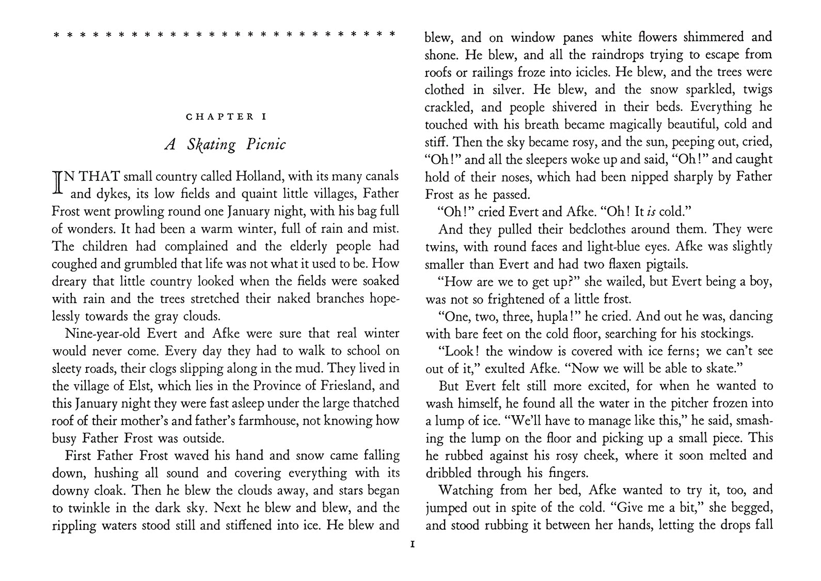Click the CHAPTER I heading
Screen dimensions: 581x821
coord(226,117)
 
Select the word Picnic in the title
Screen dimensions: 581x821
coord(265,144)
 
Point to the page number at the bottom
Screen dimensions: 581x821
coord(411,544)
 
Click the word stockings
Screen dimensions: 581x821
coord(724,334)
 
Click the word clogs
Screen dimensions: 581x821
coord(203,369)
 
